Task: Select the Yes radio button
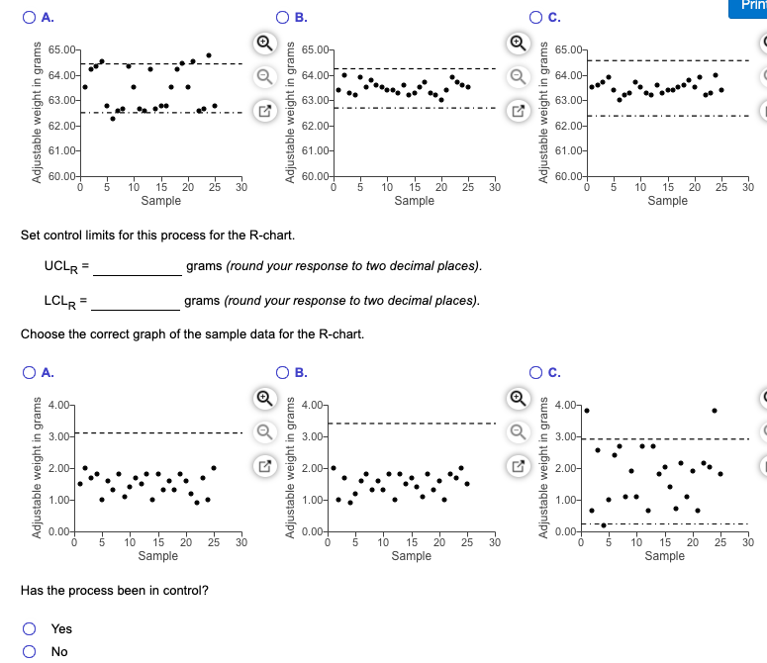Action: point(31,629)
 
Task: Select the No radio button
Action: point(31,651)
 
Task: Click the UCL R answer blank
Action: point(139,267)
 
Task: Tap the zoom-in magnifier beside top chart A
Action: point(264,44)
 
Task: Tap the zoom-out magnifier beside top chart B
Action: point(518,72)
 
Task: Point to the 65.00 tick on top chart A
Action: point(62,49)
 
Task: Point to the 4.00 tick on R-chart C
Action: point(567,407)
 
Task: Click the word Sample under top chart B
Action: point(414,201)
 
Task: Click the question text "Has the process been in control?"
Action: point(115,591)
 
